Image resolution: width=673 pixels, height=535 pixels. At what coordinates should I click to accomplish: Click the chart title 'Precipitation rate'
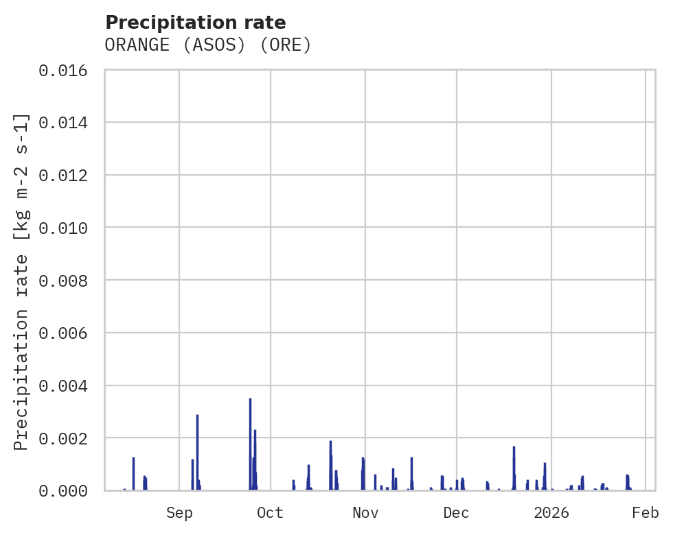(196, 22)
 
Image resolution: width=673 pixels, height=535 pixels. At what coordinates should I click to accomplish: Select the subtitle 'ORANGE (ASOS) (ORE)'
(208, 45)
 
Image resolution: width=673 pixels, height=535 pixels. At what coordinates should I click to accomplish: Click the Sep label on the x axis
(179, 512)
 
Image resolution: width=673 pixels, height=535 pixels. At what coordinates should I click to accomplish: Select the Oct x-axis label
(270, 512)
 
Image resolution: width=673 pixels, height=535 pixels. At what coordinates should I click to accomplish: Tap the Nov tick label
(365, 512)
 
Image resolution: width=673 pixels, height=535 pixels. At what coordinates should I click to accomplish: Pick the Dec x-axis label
(456, 512)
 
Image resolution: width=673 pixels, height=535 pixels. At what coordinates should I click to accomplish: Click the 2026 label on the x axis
(551, 512)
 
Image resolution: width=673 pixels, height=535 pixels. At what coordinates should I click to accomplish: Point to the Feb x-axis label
(646, 512)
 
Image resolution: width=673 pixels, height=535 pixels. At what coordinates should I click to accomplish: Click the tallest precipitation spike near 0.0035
(250, 412)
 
